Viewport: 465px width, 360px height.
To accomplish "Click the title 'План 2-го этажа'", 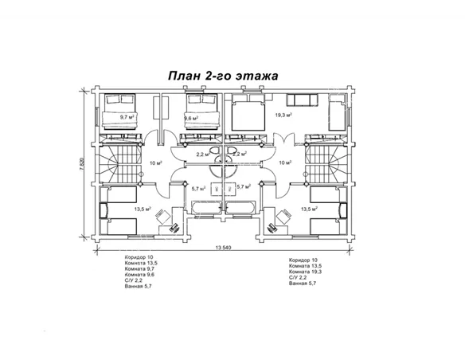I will pos(222,76).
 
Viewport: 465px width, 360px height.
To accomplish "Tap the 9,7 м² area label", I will pos(127,117).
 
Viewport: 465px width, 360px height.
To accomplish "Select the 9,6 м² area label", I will pos(191,118).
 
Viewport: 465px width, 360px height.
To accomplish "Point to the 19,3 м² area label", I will pos(283,115).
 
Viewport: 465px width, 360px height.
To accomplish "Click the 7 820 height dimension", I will pos(81,166).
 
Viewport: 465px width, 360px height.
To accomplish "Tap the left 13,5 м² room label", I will pos(143,209).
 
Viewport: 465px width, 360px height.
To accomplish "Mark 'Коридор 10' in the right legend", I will pos(303,260).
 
